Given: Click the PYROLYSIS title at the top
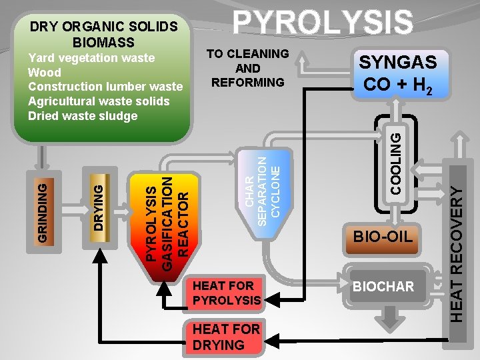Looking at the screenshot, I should click(x=322, y=21).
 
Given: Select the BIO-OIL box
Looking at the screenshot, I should click(x=383, y=236).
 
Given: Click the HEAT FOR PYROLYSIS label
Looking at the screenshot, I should click(x=226, y=293).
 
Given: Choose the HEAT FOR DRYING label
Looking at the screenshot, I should click(x=218, y=337).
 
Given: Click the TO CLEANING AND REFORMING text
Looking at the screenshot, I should click(x=247, y=68).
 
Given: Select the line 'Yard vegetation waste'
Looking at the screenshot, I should click(x=91, y=58).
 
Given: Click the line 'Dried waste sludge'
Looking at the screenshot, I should click(x=83, y=115).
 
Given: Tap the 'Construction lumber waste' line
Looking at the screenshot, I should click(x=105, y=87).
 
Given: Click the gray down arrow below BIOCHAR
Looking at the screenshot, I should click(x=384, y=319).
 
